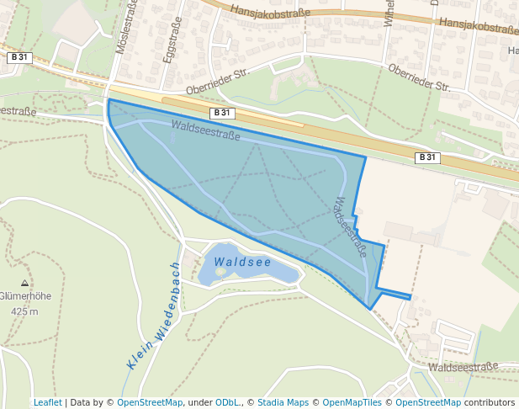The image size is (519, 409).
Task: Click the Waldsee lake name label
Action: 242,263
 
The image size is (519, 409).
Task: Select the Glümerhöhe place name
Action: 24,296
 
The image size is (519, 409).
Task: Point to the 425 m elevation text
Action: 24,311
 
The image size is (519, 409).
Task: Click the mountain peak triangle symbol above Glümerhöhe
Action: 24,284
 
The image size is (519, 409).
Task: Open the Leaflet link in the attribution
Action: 47,402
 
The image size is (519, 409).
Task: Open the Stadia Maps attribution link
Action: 283,402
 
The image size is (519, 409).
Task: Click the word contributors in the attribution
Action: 489,402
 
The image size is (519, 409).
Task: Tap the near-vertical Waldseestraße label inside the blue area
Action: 352,226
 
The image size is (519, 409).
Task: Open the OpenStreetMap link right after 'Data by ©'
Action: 150,402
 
